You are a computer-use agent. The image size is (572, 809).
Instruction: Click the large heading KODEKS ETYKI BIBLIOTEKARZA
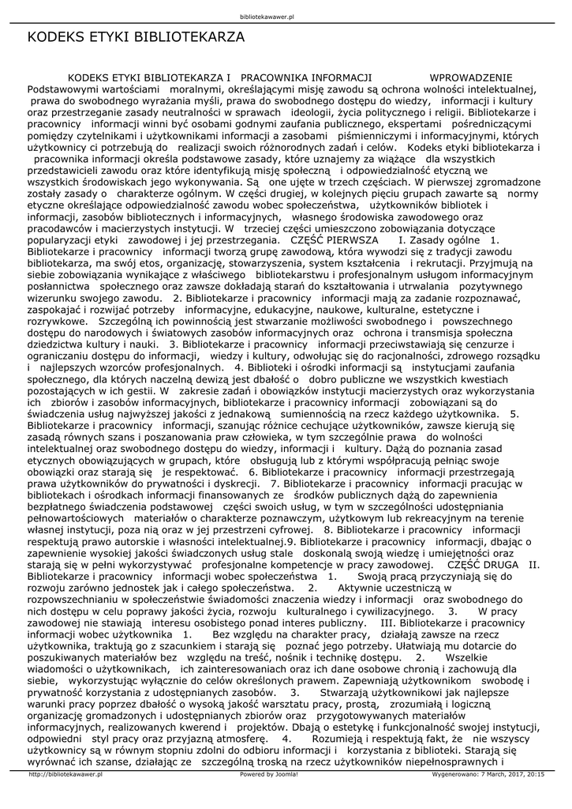(136, 37)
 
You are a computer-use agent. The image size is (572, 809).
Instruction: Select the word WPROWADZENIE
(470, 77)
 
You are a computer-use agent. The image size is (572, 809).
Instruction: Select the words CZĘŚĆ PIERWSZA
(329, 238)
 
